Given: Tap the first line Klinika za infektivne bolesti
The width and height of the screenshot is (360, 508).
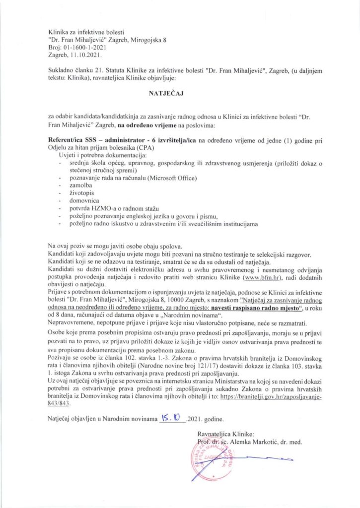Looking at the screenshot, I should tap(86, 31).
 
